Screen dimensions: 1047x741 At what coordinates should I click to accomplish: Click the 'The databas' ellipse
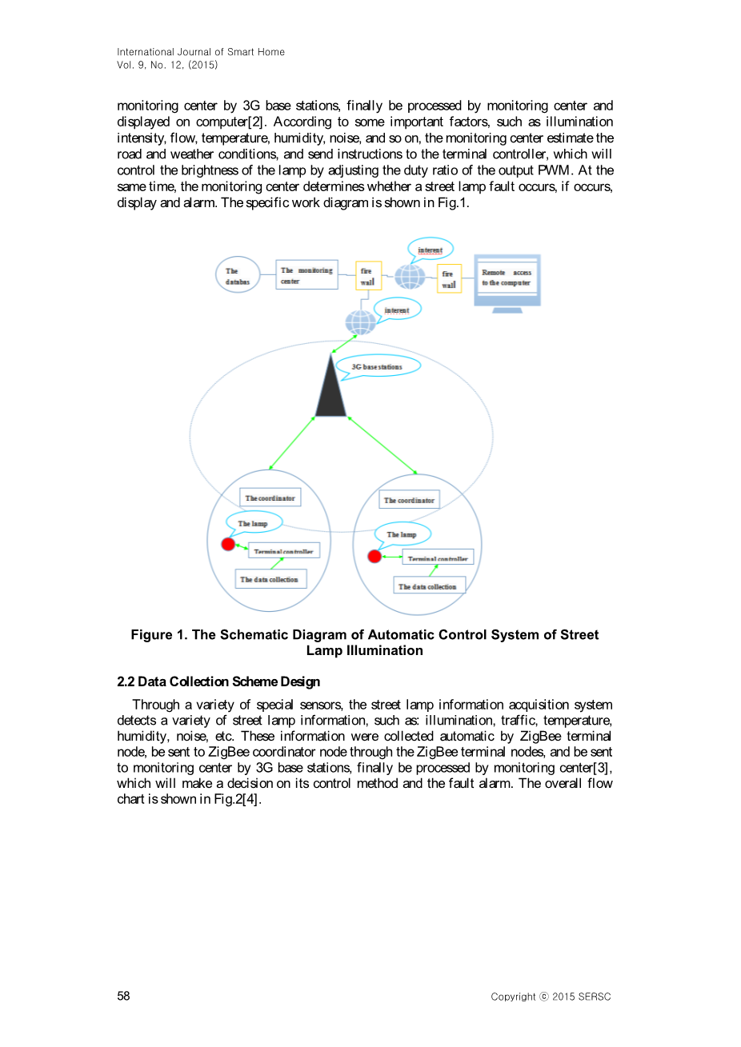point(238,275)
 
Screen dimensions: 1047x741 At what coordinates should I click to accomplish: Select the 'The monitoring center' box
point(306,275)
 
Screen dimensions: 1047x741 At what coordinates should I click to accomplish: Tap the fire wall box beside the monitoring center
point(368,276)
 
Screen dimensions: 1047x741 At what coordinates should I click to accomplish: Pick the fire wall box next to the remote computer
point(449,278)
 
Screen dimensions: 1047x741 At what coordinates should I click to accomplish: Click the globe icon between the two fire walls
point(410,277)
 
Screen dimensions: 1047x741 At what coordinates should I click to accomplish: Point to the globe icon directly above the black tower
point(360,322)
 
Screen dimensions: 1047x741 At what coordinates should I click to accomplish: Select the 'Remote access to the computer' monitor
point(507,279)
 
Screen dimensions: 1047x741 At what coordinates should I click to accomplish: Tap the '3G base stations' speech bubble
point(378,367)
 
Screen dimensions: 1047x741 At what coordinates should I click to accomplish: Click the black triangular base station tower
point(330,392)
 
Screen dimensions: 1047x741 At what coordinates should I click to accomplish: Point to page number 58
point(123,996)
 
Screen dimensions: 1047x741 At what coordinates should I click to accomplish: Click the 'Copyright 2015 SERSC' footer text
point(551,997)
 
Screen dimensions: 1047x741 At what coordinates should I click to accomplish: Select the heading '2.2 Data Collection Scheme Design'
point(218,681)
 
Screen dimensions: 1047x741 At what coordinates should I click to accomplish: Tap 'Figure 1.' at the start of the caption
point(159,635)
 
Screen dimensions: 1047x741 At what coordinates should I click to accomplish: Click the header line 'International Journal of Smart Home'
point(201,52)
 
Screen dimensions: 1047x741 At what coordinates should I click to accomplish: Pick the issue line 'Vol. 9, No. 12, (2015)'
point(167,65)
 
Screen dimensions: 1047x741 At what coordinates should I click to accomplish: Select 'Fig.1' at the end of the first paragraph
point(451,202)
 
